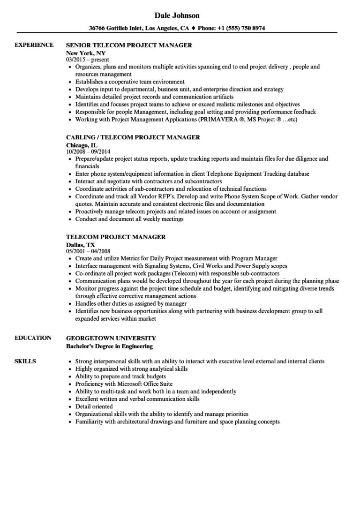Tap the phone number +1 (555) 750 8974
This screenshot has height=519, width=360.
pyautogui.click(x=239, y=28)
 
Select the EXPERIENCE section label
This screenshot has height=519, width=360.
pyautogui.click(x=34, y=45)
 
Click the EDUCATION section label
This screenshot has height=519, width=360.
pyautogui.click(x=33, y=338)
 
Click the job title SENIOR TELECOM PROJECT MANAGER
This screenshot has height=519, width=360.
pyautogui.click(x=129, y=45)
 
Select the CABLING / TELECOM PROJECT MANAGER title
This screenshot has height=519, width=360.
pyautogui.click(x=133, y=137)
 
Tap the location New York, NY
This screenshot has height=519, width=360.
pyautogui.click(x=86, y=53)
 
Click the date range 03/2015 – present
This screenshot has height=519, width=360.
pyautogui.click(x=88, y=60)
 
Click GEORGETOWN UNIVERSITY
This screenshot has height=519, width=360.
pyautogui.click(x=111, y=338)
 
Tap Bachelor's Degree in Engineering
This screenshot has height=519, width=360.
pyautogui.click(x=109, y=346)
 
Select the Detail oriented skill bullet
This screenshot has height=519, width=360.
pyautogui.click(x=94, y=406)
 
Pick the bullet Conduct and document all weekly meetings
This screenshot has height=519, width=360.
pyautogui.click(x=129, y=219)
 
